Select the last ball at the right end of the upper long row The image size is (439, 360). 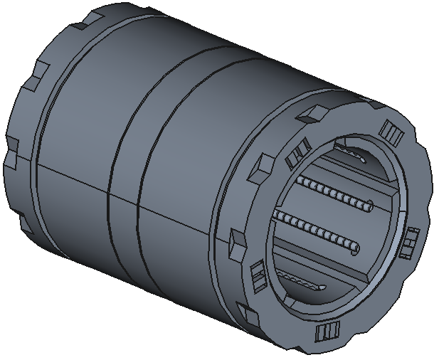[x=368, y=207]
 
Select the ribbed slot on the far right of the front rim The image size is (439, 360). [x=410, y=243]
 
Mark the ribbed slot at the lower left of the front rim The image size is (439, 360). [x=258, y=275]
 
